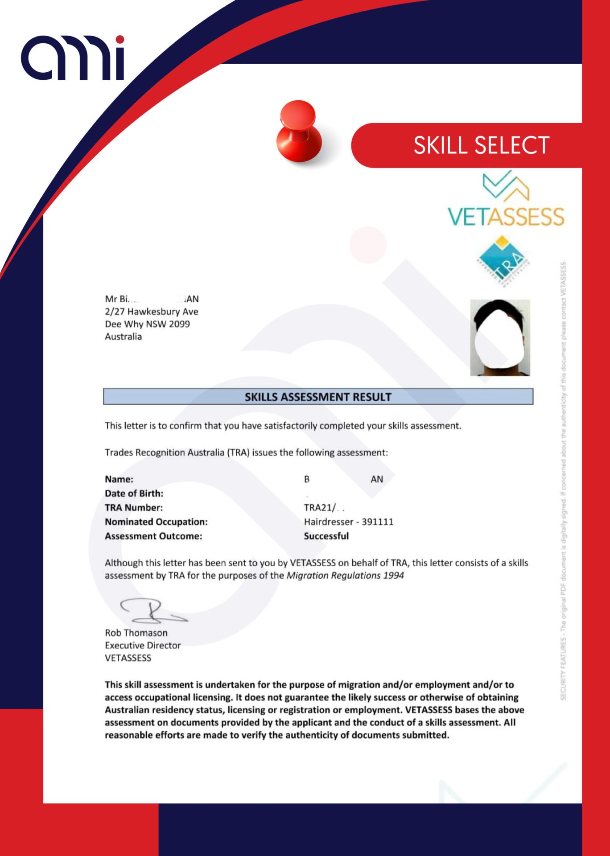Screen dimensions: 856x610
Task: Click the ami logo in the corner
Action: [x=73, y=58]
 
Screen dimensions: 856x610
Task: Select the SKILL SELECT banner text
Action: [x=481, y=145]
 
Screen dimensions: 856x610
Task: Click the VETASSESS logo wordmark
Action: [x=506, y=217]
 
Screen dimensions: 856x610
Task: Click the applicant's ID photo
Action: [x=500, y=337]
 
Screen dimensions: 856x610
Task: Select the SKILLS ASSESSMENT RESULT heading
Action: [x=318, y=397]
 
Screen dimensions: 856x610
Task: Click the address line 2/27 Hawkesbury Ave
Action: [x=152, y=312]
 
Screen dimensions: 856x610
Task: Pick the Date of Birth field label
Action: [x=134, y=494]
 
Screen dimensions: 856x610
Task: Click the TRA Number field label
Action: [x=134, y=508]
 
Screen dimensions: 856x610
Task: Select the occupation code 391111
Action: [x=378, y=522]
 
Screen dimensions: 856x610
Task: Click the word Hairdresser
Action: [x=329, y=522]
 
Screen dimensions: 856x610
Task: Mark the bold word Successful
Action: [x=326, y=536]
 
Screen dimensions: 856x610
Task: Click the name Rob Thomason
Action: [x=136, y=633]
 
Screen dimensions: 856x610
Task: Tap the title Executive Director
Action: [x=143, y=646]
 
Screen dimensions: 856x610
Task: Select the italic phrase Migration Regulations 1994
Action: [x=345, y=576]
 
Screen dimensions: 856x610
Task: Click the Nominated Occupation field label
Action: [x=156, y=522]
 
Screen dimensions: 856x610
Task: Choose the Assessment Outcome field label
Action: [x=153, y=536]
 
